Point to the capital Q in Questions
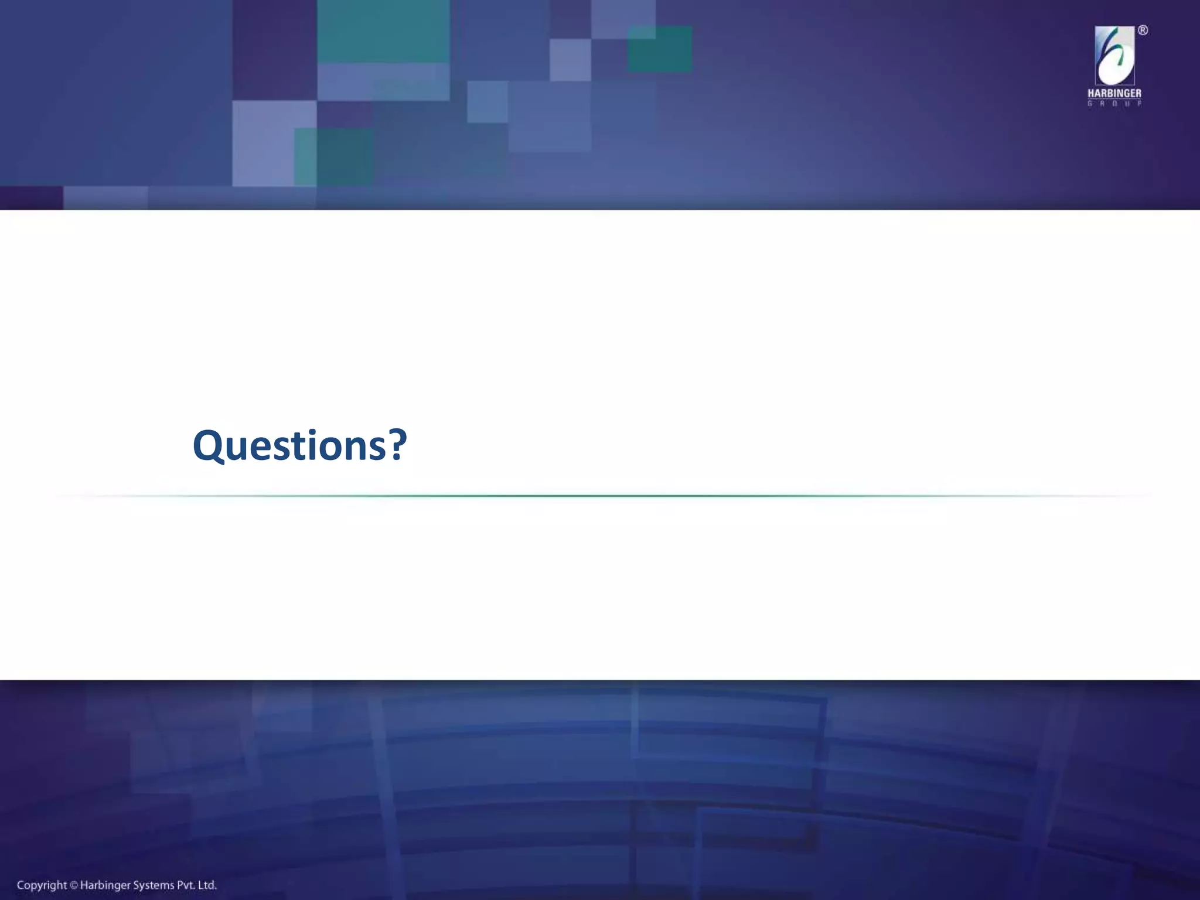209,446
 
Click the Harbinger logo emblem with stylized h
1114,56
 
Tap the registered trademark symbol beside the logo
1143,30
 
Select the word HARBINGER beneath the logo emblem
1114,94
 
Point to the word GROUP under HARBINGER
1114,104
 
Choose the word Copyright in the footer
42,885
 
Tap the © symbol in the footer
74,886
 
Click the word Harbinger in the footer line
105,886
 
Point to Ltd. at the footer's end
209,885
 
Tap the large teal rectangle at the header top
383,30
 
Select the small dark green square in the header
659,49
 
